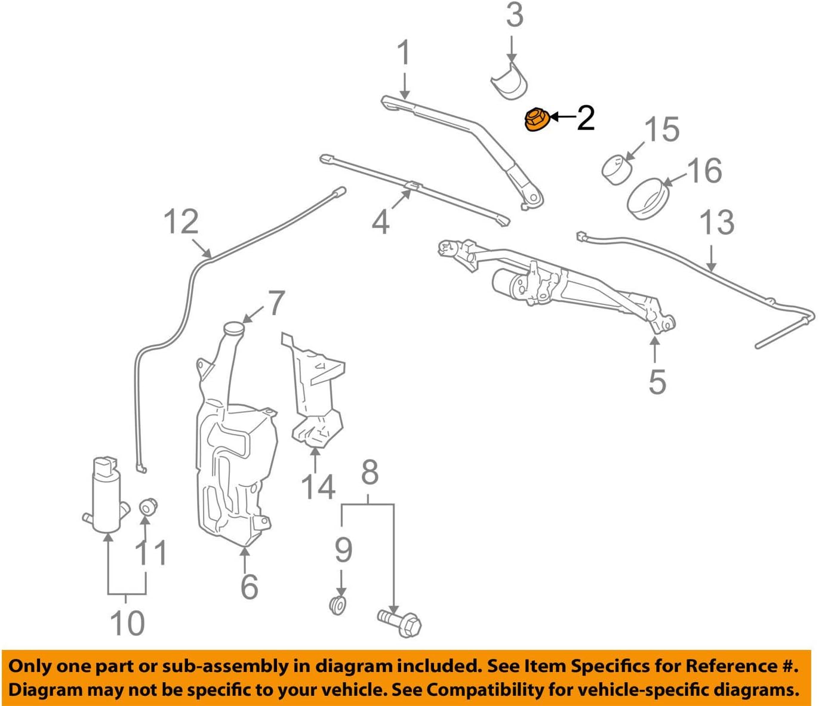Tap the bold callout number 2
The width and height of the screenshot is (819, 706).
pos(585,118)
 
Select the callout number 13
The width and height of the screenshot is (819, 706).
pos(716,222)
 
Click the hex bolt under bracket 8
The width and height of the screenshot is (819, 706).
pos(399,621)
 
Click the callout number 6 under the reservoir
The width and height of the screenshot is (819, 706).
pos(249,586)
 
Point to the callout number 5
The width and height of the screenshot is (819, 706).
pos(657,381)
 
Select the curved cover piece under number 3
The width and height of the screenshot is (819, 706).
pos(510,83)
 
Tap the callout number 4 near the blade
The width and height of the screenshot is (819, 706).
pos(380,222)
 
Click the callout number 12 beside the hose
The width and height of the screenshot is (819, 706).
pos(181,222)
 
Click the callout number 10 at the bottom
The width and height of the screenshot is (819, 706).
pos(127,622)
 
